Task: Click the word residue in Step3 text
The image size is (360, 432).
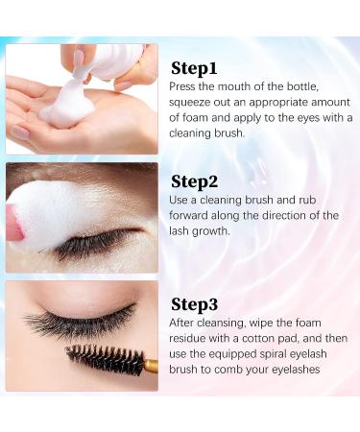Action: click(194, 340)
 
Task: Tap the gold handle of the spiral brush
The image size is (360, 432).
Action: click(149, 366)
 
